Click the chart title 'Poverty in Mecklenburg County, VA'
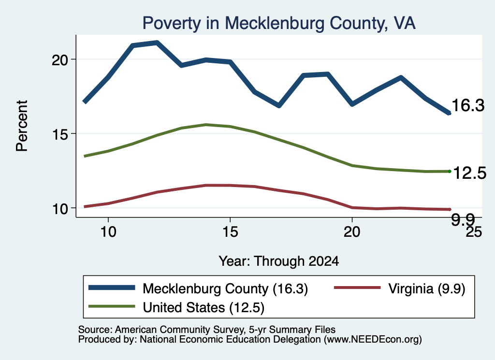(x=279, y=23)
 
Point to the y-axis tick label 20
(x=60, y=59)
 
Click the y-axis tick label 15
(x=60, y=134)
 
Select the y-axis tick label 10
(x=60, y=209)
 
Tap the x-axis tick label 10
(x=108, y=232)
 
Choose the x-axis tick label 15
(x=230, y=232)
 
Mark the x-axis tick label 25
(x=474, y=232)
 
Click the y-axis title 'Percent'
(x=22, y=126)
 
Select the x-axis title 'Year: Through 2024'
(x=279, y=261)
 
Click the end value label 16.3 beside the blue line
(x=468, y=105)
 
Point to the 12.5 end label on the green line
(x=470, y=173)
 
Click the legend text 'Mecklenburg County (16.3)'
(x=225, y=288)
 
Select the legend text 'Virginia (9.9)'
(x=427, y=288)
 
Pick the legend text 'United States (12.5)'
(x=204, y=308)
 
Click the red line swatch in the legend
(x=357, y=288)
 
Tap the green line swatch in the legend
(x=112, y=306)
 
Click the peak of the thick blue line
(x=157, y=42)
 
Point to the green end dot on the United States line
(x=450, y=172)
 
